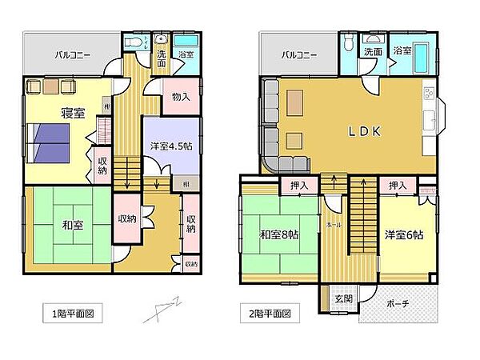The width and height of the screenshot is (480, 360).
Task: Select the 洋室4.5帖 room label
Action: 170,146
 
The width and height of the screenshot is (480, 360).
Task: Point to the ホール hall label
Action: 334,226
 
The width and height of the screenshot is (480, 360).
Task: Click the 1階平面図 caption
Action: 72,314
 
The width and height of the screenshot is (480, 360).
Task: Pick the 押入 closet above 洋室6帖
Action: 398,186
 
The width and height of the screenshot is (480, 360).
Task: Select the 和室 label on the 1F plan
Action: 73,226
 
